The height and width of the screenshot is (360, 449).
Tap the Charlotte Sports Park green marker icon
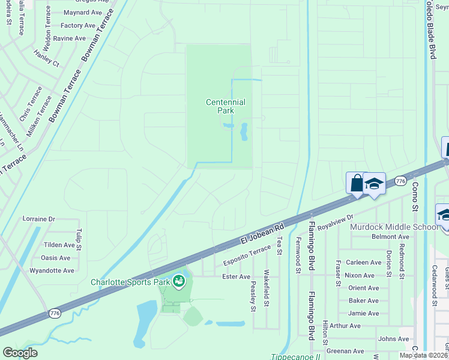coord(178,281)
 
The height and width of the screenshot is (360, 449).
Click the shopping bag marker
coord(357,182)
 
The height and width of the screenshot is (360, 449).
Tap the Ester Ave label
coord(236,277)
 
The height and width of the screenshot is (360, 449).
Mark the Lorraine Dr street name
coord(38,219)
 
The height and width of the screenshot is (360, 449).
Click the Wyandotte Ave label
coord(52,271)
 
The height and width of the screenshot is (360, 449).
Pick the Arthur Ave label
coord(345,326)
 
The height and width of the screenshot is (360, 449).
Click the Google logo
coord(20,353)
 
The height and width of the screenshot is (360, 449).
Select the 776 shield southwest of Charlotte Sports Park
coord(55,313)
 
